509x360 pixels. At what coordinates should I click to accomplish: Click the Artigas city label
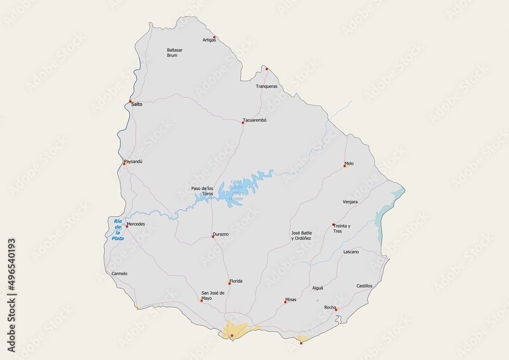point(209,40)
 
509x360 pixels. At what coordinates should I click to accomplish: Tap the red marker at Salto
point(130,101)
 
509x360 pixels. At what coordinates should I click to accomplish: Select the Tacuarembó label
point(254,120)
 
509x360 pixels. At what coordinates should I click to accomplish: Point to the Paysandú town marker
point(124,164)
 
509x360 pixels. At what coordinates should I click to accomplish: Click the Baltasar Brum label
point(175,52)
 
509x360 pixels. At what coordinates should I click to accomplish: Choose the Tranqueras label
point(266,87)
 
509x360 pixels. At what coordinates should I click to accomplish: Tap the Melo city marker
point(345,166)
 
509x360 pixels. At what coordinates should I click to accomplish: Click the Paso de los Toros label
point(202,191)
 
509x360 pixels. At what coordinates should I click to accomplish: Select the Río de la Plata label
point(118,229)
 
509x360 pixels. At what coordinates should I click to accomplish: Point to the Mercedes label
point(136,224)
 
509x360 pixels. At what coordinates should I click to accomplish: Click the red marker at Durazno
point(213,237)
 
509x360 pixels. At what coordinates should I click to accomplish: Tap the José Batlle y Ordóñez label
point(301,235)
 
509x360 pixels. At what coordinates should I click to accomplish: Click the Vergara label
point(350,202)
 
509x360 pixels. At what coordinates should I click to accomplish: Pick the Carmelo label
point(119,273)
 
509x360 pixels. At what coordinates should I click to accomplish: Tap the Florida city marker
point(229,284)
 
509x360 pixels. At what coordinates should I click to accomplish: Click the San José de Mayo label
point(213,295)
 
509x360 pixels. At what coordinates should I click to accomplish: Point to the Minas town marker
point(285,302)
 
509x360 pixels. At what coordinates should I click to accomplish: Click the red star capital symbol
point(232,336)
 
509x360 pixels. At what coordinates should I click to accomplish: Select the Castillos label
point(364,286)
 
